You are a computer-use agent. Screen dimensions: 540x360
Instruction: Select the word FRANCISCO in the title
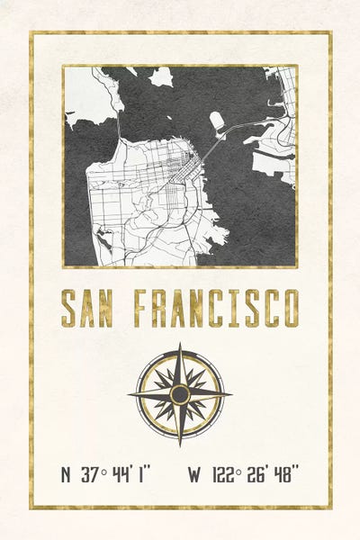tap(217, 309)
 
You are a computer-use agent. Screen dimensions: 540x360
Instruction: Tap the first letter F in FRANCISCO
tap(142, 309)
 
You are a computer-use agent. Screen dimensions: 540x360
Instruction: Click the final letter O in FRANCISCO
tap(290, 309)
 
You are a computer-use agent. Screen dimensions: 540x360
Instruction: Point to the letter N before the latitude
tap(66, 474)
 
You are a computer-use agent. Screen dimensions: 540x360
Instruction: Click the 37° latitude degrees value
tap(93, 474)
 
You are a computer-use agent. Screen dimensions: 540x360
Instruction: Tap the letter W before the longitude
tap(194, 474)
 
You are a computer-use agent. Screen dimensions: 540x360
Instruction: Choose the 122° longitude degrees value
tap(227, 474)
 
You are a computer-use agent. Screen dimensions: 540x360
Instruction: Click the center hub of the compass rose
tap(180, 394)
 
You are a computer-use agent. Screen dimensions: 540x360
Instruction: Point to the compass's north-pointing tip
tap(180, 345)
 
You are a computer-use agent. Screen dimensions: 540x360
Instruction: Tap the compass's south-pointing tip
tap(180, 445)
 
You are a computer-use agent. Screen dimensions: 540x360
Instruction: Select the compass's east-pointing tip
tap(230, 394)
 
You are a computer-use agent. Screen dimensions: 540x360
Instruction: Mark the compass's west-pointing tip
tap(130, 394)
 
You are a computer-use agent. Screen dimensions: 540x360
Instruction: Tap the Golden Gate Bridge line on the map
tap(119, 128)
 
